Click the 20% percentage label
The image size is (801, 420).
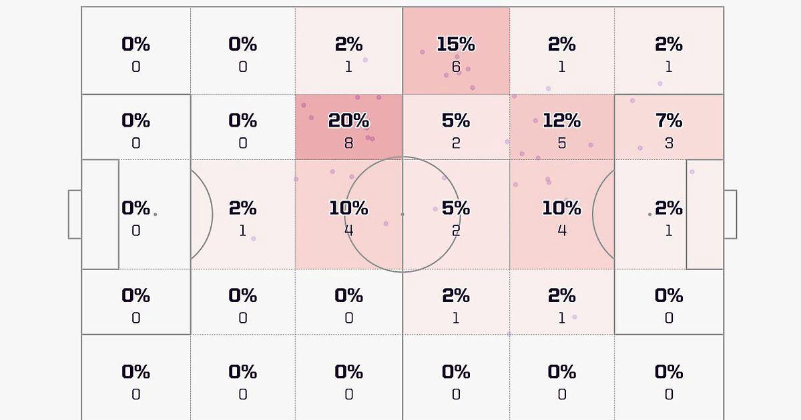348,121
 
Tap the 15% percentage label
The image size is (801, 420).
456,44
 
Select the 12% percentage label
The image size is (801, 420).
561,121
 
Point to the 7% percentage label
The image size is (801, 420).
669,121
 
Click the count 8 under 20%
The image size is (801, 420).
348,143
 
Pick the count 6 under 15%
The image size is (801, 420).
456,67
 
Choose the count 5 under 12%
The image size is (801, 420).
561,143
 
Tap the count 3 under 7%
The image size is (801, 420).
669,143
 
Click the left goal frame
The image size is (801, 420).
74,214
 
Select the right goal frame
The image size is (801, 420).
730,214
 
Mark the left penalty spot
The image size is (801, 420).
156,214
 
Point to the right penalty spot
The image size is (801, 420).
649,214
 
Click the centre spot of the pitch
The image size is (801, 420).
403,214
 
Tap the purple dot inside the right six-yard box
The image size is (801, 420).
692,172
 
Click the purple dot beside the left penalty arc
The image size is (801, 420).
254,239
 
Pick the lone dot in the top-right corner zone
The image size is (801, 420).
660,83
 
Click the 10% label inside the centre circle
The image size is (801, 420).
348,208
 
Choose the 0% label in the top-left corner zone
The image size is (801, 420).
136,44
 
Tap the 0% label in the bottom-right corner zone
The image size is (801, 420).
669,371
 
